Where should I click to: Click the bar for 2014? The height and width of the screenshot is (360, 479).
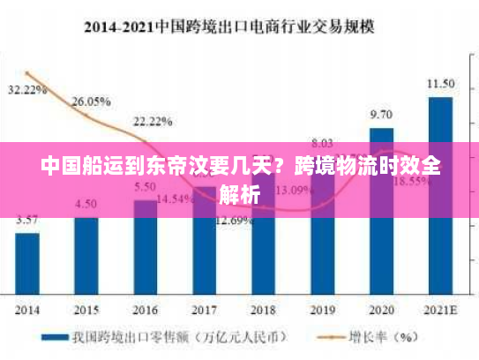point(27,264)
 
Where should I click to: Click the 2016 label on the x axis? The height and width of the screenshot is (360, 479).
point(145,310)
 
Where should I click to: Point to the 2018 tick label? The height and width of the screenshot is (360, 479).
point(263,310)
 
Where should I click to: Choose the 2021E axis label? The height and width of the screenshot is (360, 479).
point(440,310)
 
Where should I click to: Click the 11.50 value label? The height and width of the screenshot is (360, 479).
point(440,84)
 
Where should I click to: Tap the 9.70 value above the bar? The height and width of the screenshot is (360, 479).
point(381,115)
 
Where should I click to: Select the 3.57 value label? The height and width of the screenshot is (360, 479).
point(27,220)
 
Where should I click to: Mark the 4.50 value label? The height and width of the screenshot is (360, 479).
point(86,204)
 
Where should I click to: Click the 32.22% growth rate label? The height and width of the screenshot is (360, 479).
point(27,90)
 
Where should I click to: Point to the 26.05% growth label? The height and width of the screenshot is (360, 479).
point(91,101)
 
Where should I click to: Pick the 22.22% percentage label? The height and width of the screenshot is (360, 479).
point(153,121)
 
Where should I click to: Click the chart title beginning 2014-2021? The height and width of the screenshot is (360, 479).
point(228,26)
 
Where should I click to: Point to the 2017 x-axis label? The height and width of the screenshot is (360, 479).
point(204,310)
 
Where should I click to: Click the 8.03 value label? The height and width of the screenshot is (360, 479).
point(322,142)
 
